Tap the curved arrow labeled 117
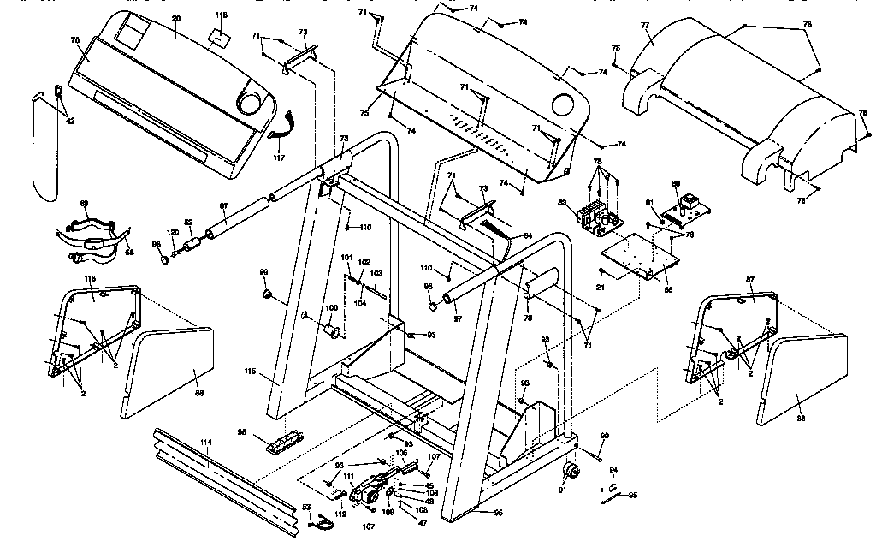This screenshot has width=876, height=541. coord(279,133)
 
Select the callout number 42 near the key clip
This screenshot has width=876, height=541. coord(69,122)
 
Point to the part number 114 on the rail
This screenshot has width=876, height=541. coord(205,442)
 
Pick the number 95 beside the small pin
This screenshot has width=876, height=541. coord(632,495)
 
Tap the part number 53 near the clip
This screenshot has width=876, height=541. coord(306,508)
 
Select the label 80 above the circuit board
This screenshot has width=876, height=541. coord(675,183)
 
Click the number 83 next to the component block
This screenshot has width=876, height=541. coord(561,203)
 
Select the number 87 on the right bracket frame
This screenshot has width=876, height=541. coord(750,280)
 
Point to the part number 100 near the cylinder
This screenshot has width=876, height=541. coord(331,308)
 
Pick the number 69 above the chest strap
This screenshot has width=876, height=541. coord(84,203)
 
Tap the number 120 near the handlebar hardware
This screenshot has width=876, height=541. coord(173,233)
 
